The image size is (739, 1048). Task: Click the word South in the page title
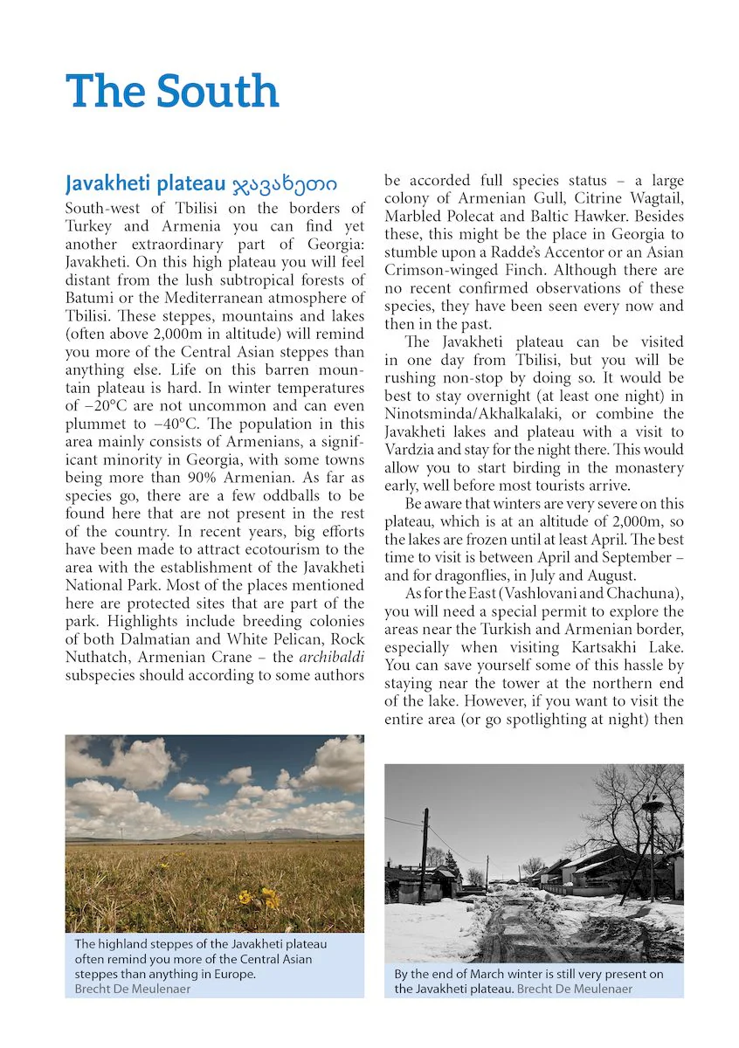point(218,92)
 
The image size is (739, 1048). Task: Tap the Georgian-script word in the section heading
point(285,184)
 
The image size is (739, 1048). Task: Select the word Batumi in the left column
point(90,298)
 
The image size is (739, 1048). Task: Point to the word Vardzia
point(411,450)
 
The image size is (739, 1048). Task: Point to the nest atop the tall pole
point(653,802)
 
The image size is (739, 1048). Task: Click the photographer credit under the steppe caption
point(132,989)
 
